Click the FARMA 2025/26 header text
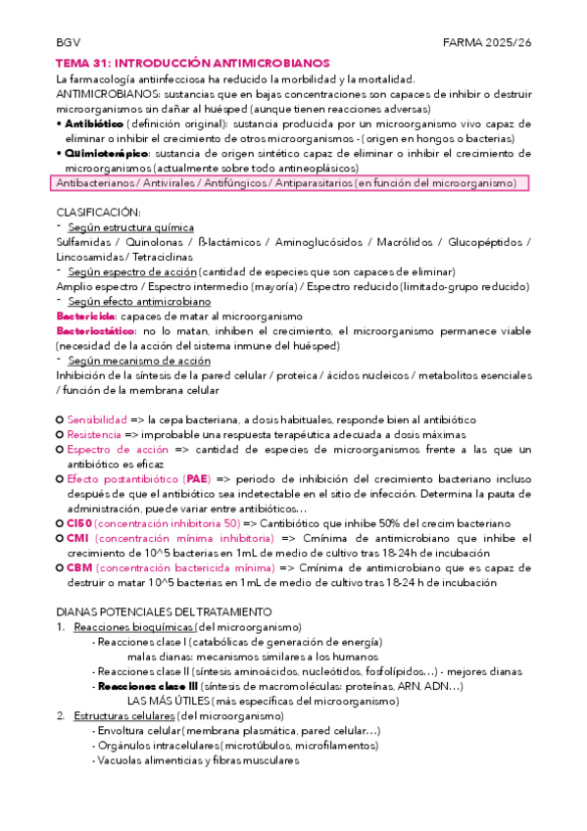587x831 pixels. click(x=486, y=44)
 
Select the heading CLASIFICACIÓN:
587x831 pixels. click(x=98, y=212)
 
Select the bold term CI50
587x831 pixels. click(x=79, y=522)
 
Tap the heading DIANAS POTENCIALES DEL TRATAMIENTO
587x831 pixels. click(x=164, y=612)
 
